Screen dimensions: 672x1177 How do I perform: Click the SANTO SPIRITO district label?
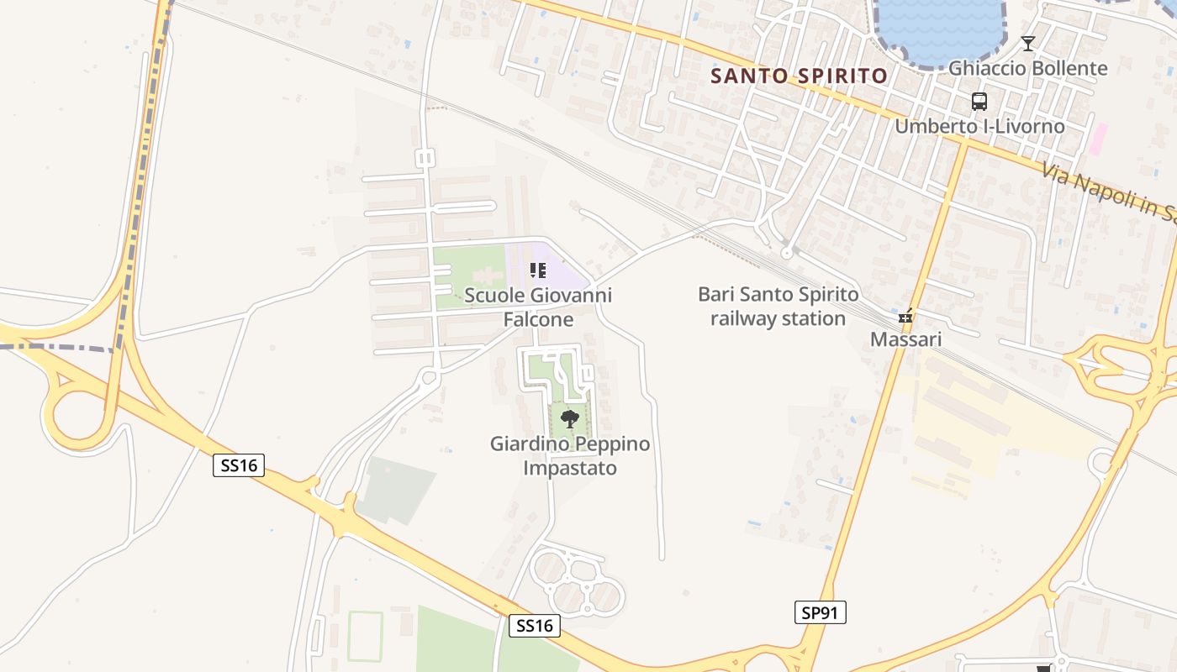[x=799, y=76]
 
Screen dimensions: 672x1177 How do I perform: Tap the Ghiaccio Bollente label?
[x=1027, y=68]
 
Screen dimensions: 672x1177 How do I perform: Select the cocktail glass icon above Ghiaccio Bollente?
[x=1027, y=44]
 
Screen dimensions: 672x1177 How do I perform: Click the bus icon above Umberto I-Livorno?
[x=979, y=102]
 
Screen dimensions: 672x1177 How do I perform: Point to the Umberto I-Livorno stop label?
[x=979, y=127]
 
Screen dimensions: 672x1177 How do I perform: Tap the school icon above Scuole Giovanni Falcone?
[x=538, y=270]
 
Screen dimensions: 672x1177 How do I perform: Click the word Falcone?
[x=538, y=320]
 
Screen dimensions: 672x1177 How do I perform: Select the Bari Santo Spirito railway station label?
[x=779, y=307]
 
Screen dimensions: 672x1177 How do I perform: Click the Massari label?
[x=905, y=340]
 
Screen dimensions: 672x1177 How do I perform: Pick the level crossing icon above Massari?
[x=905, y=317]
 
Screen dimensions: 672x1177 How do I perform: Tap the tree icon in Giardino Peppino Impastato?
[x=570, y=418]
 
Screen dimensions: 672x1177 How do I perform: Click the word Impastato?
[x=570, y=468]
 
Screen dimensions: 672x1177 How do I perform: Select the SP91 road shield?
[x=820, y=613]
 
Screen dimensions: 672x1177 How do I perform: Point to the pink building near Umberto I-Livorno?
[x=1098, y=139]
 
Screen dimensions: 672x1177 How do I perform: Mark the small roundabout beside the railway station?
[x=787, y=252]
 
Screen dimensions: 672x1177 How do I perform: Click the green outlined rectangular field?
[x=365, y=637]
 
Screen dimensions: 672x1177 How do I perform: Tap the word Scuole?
[x=493, y=296]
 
